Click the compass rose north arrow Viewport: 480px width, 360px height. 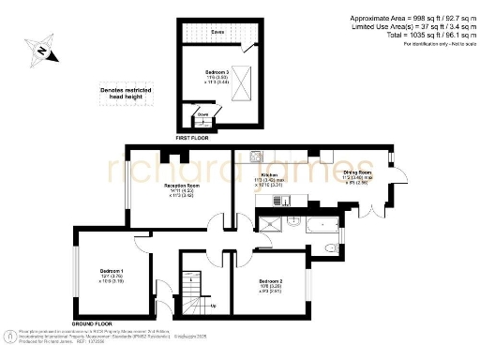click(41, 49)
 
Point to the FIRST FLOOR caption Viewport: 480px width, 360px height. click(192, 136)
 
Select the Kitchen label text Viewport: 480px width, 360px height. click(268, 174)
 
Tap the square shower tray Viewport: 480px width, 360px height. click(269, 223)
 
